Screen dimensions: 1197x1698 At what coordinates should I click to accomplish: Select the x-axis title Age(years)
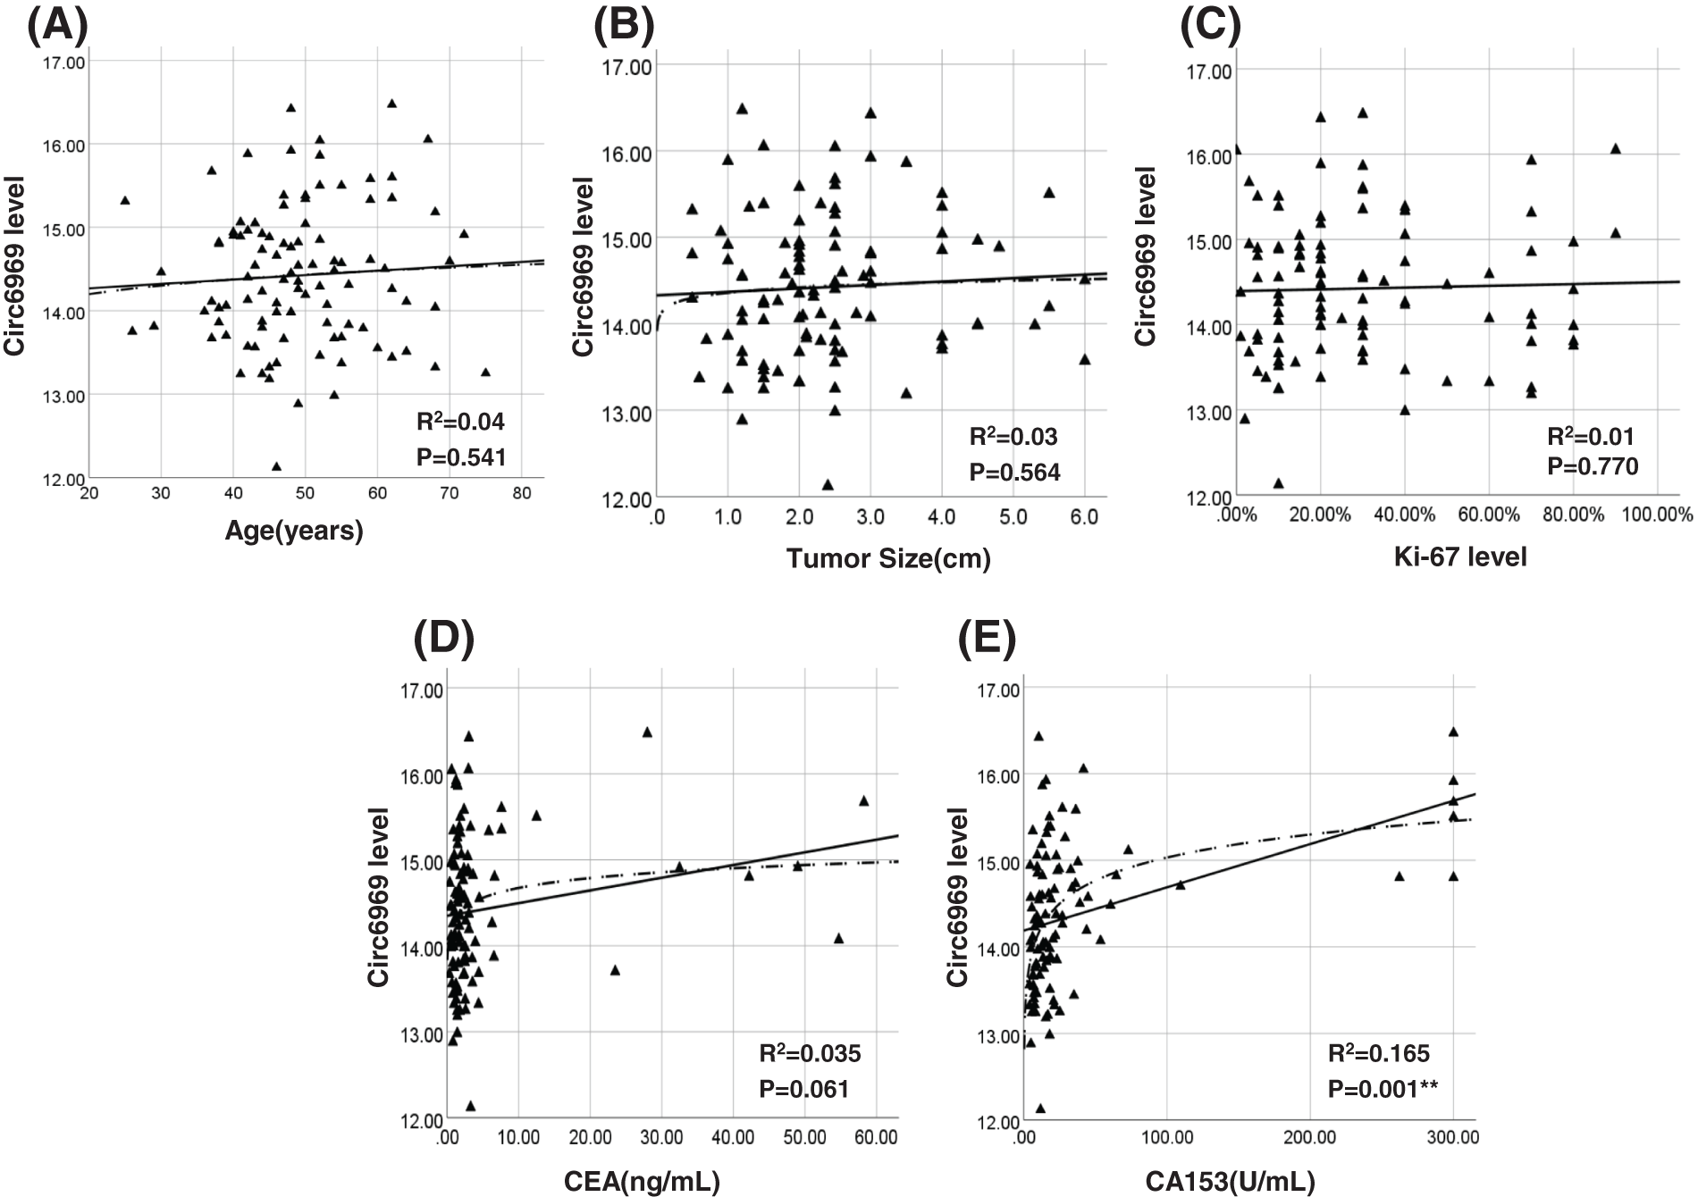[x=294, y=532]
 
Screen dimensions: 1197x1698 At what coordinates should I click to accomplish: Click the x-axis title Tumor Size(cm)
[x=888, y=558]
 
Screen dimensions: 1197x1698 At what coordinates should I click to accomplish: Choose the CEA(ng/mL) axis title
[x=642, y=1182]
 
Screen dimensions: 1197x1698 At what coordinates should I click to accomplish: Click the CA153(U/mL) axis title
[x=1230, y=1182]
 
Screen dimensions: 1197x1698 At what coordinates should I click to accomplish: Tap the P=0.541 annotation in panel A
[x=461, y=457]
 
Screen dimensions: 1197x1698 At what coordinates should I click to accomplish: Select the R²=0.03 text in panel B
[x=1013, y=437]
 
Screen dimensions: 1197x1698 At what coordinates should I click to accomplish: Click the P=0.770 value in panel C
[x=1593, y=465]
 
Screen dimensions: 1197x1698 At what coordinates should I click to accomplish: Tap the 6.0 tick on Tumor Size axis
[x=1083, y=518]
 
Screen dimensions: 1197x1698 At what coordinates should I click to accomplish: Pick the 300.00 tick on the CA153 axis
[x=1453, y=1138]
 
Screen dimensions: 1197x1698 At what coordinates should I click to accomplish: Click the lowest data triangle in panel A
[x=277, y=466]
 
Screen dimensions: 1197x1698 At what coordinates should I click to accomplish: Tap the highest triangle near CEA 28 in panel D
[x=648, y=732]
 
